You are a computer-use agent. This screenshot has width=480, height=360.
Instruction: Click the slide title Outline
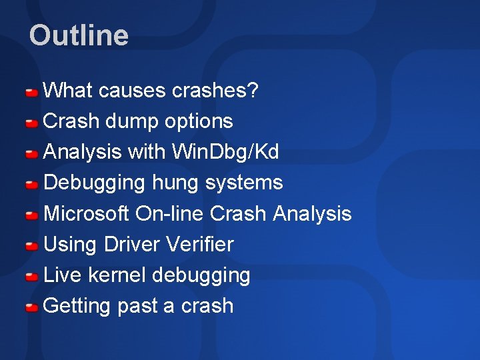79,35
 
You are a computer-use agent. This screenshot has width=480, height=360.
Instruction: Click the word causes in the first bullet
131,91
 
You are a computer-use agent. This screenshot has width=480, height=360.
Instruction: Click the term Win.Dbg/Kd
225,152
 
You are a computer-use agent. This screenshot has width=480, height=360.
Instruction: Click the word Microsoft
86,213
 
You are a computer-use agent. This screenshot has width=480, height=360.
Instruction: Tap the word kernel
119,275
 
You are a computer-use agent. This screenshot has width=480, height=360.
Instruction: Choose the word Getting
76,305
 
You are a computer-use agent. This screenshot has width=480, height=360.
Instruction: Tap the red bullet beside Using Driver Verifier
31,245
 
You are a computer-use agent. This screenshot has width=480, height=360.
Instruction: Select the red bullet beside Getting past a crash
31,307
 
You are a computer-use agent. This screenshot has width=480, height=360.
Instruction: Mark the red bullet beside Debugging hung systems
31,184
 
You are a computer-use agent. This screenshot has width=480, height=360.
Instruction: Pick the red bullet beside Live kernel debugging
31,276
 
